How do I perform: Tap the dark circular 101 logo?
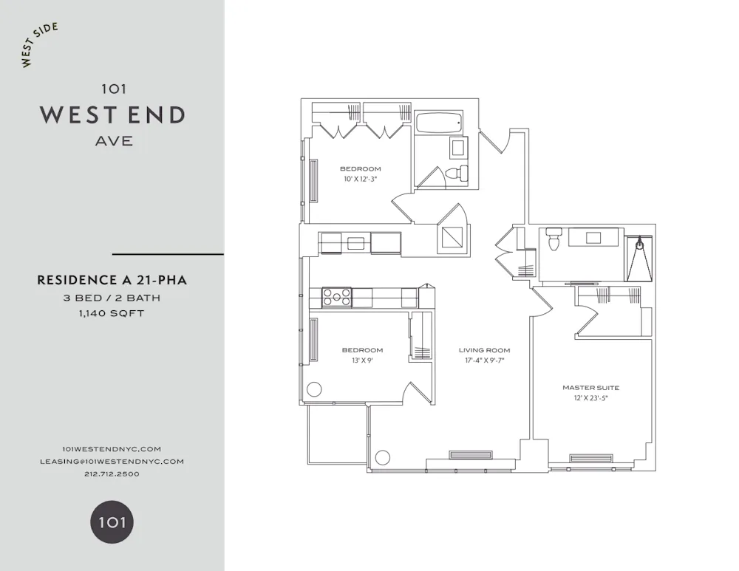[x=112, y=522]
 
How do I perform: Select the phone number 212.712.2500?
[x=112, y=473]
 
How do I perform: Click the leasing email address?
[x=112, y=461]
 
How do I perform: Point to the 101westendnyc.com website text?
[x=112, y=448]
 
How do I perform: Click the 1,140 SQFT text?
[x=112, y=312]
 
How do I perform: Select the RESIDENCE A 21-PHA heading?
[x=112, y=281]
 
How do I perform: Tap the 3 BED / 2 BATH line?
[x=112, y=298]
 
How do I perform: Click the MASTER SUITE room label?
[x=590, y=387]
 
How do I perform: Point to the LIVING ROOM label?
[x=484, y=350]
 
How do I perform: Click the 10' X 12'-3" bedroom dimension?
[x=361, y=179]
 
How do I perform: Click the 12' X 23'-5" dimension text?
[x=590, y=397]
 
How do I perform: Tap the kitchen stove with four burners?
[x=337, y=298]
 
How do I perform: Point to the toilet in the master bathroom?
[x=554, y=239]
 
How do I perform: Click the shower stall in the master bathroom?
[x=640, y=259]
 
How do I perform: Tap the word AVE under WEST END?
[x=114, y=140]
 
